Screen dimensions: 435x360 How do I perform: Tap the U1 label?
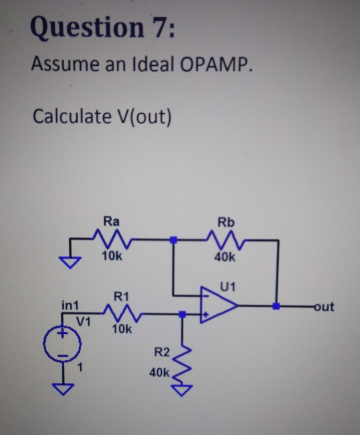(227, 286)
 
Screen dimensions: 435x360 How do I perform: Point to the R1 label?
(121, 297)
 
